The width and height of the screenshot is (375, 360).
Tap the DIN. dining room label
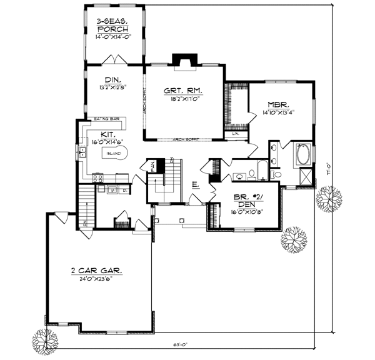pos(112,79)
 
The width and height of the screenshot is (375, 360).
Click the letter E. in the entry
pos(195,184)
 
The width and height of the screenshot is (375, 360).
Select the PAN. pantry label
pos(152,166)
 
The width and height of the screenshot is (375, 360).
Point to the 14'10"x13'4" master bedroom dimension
pos(278,113)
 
